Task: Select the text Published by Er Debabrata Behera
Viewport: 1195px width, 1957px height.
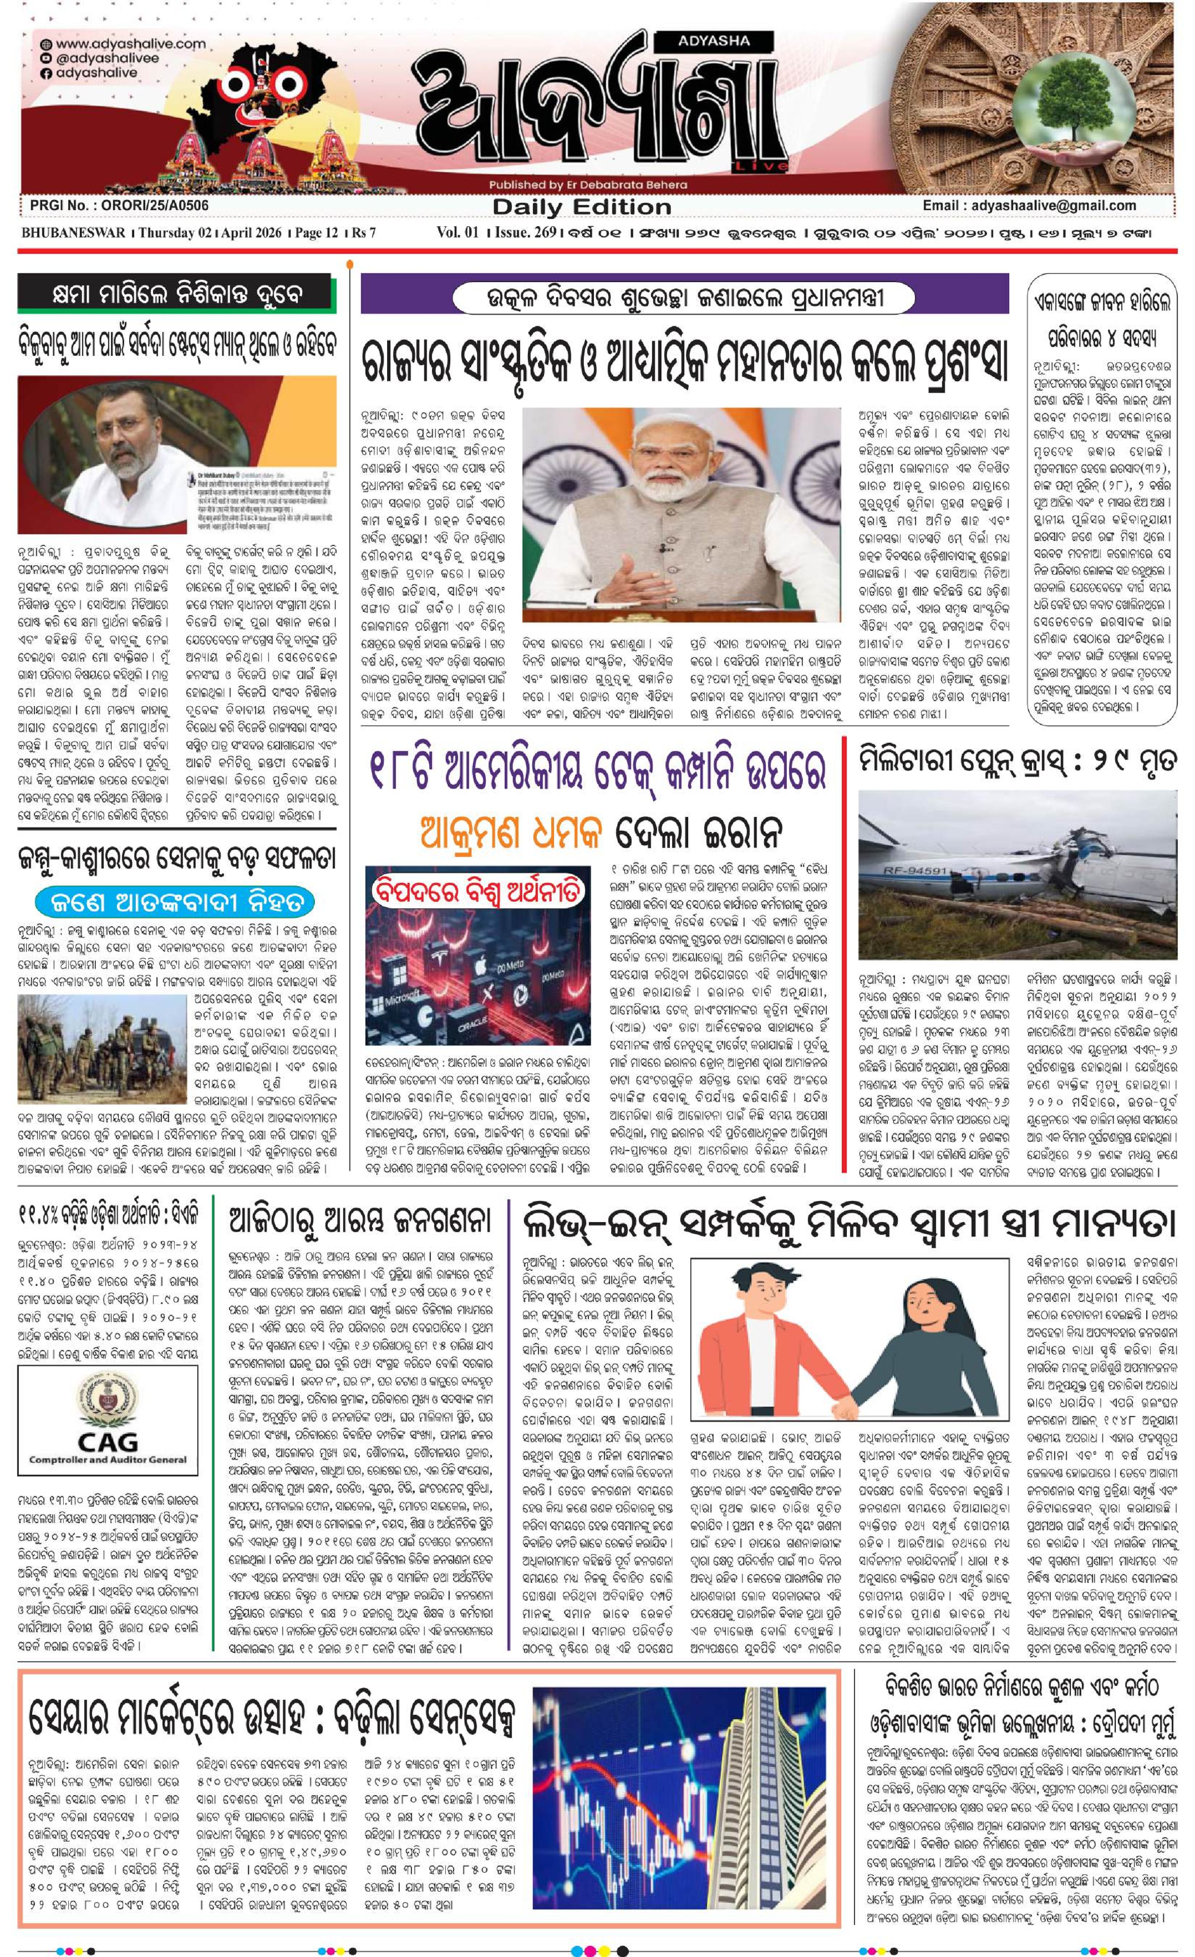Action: (x=588, y=185)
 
